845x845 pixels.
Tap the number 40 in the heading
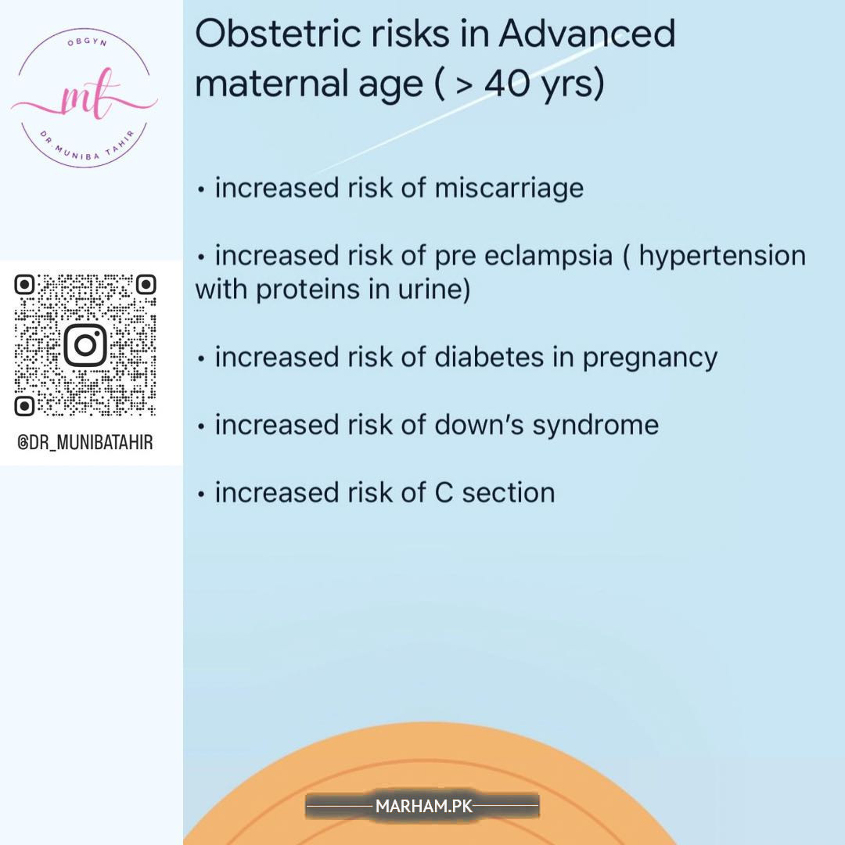[x=506, y=84]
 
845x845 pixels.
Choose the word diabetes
[x=489, y=358]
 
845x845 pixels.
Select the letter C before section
[x=444, y=493]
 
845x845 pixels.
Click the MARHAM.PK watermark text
[x=424, y=806]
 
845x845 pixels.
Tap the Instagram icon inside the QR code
[x=85, y=345]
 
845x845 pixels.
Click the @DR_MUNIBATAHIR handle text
[x=85, y=442]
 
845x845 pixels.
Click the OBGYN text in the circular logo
[x=86, y=42]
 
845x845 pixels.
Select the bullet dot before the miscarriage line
[x=201, y=189]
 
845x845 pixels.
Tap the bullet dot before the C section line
[x=201, y=494]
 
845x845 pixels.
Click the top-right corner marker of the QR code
[x=146, y=285]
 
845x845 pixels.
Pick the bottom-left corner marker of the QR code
[x=24, y=406]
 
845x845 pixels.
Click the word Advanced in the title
[x=586, y=34]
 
